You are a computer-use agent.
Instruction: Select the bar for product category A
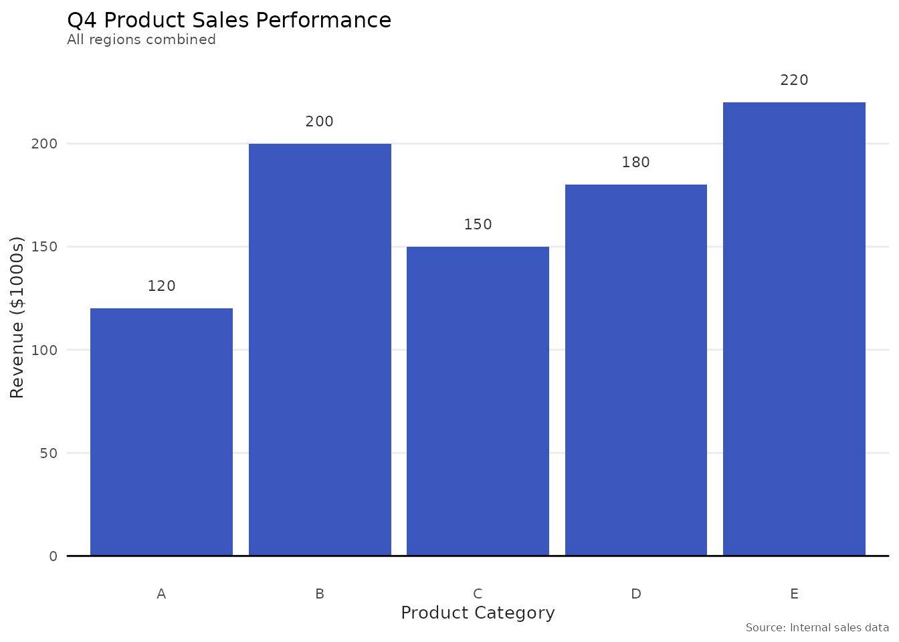click(161, 431)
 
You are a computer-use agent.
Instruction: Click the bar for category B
click(320, 349)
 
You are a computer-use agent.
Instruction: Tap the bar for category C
click(478, 401)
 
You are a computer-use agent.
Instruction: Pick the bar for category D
click(636, 370)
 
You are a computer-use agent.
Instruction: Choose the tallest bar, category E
click(794, 328)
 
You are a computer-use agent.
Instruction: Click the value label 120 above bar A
click(161, 286)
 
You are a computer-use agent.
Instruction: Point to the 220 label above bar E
click(794, 80)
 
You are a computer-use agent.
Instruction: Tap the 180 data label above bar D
click(636, 163)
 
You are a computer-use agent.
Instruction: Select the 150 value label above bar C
click(478, 225)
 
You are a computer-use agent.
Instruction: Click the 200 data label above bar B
click(320, 122)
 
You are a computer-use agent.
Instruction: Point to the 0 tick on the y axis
click(54, 556)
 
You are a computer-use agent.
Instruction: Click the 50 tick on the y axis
click(49, 453)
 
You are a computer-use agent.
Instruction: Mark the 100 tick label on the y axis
click(44, 350)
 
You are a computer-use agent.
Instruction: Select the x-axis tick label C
click(478, 594)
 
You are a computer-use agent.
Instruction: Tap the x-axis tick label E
click(794, 594)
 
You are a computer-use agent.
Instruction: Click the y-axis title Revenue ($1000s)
click(17, 317)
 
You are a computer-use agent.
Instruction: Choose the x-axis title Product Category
click(478, 613)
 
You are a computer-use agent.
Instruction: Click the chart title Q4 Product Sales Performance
click(229, 20)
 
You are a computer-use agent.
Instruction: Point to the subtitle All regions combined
click(141, 39)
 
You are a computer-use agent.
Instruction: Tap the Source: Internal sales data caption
click(817, 628)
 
